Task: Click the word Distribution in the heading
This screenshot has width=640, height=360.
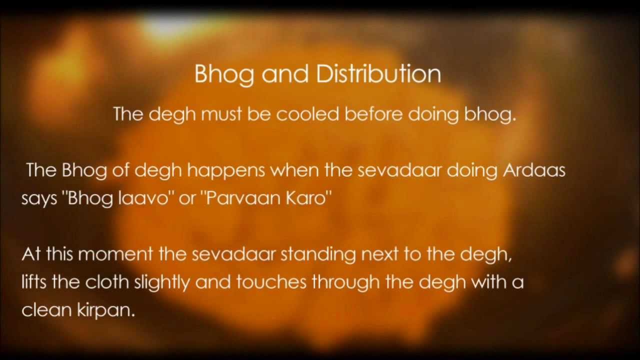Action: point(378,73)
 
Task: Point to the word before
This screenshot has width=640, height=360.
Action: point(374,114)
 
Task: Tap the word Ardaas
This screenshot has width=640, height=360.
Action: point(534,170)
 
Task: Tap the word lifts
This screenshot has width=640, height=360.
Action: point(34,282)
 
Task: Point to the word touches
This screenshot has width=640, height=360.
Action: point(271,282)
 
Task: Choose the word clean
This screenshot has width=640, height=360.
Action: point(46,310)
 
